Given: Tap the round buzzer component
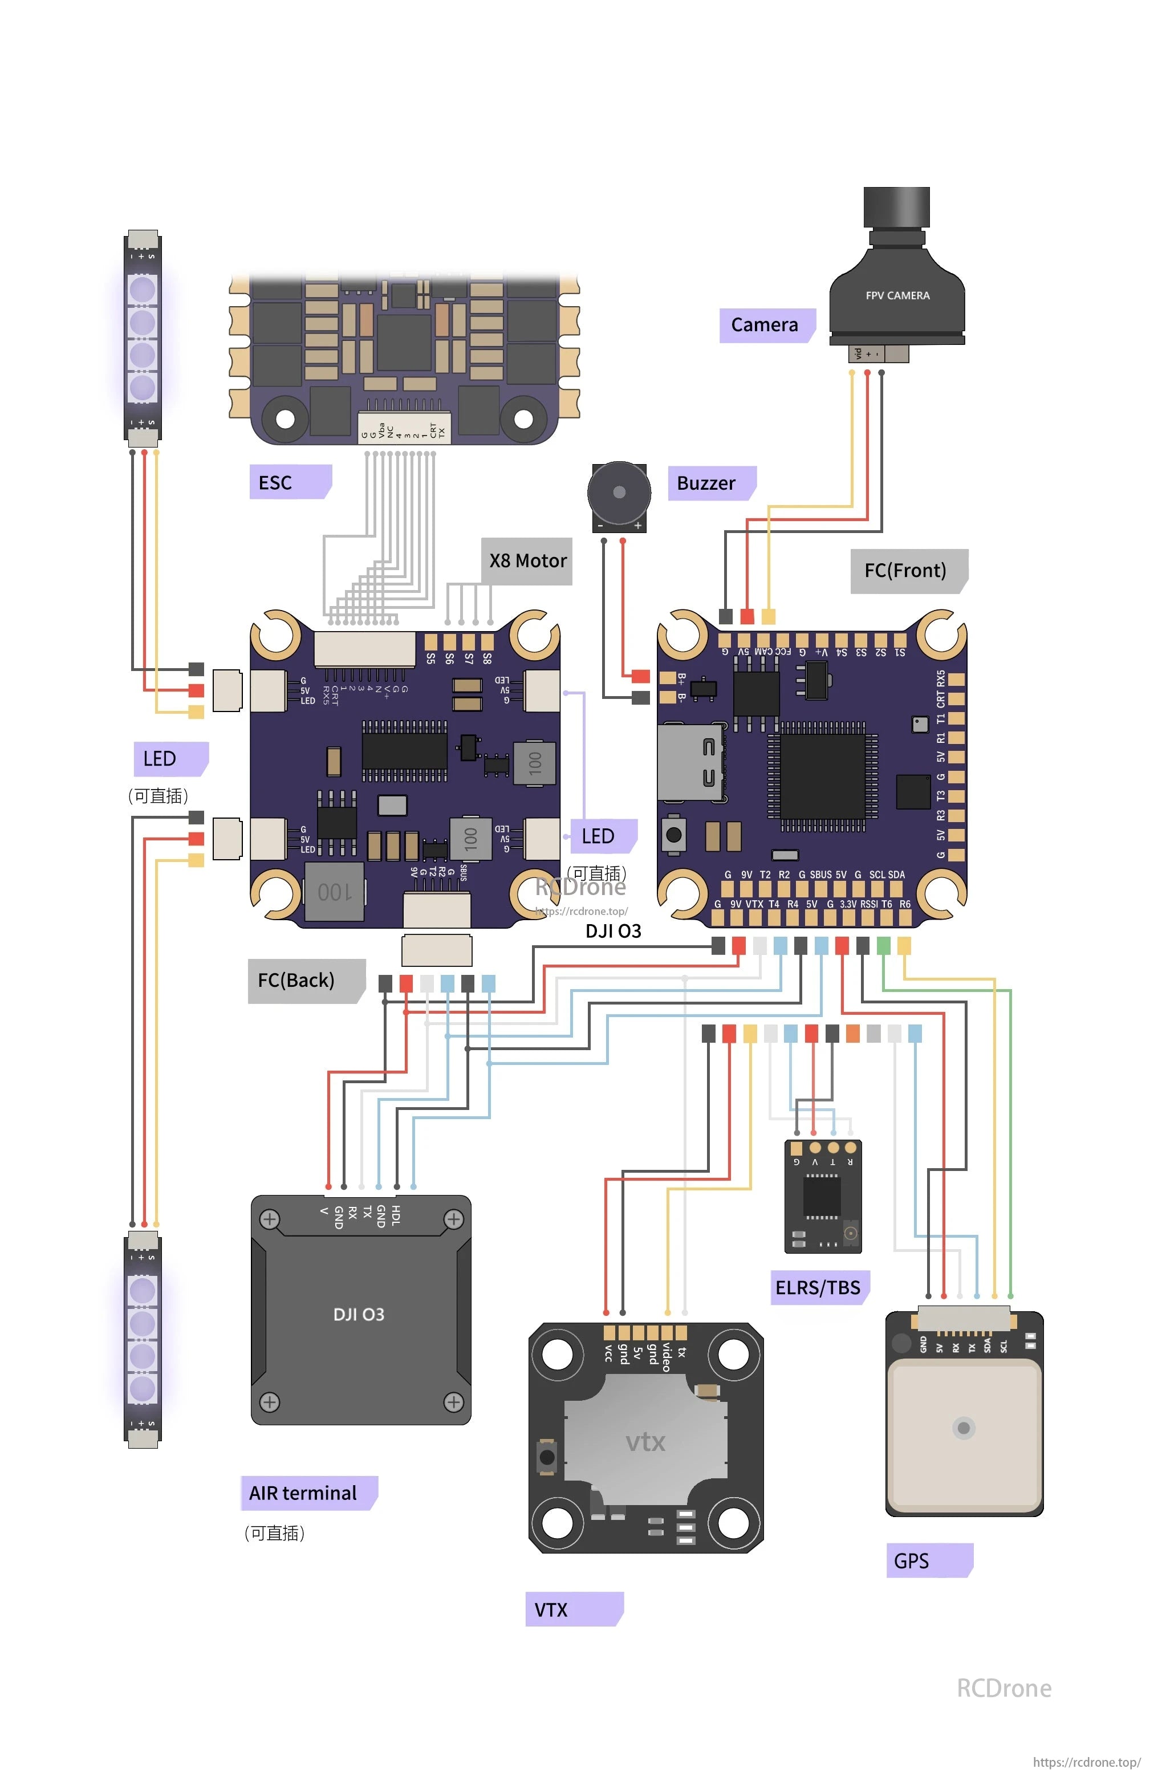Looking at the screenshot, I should pos(618,493).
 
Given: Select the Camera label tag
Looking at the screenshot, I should pos(765,325).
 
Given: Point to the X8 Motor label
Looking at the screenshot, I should pos(527,561).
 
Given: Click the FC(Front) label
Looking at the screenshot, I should pos(907,571).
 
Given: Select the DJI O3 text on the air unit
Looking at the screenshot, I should pos(359,1314).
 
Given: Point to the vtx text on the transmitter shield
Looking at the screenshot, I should pos(645,1442).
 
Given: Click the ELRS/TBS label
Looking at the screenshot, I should pos(818,1287).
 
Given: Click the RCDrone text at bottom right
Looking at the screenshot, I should pos(1003,1688).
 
